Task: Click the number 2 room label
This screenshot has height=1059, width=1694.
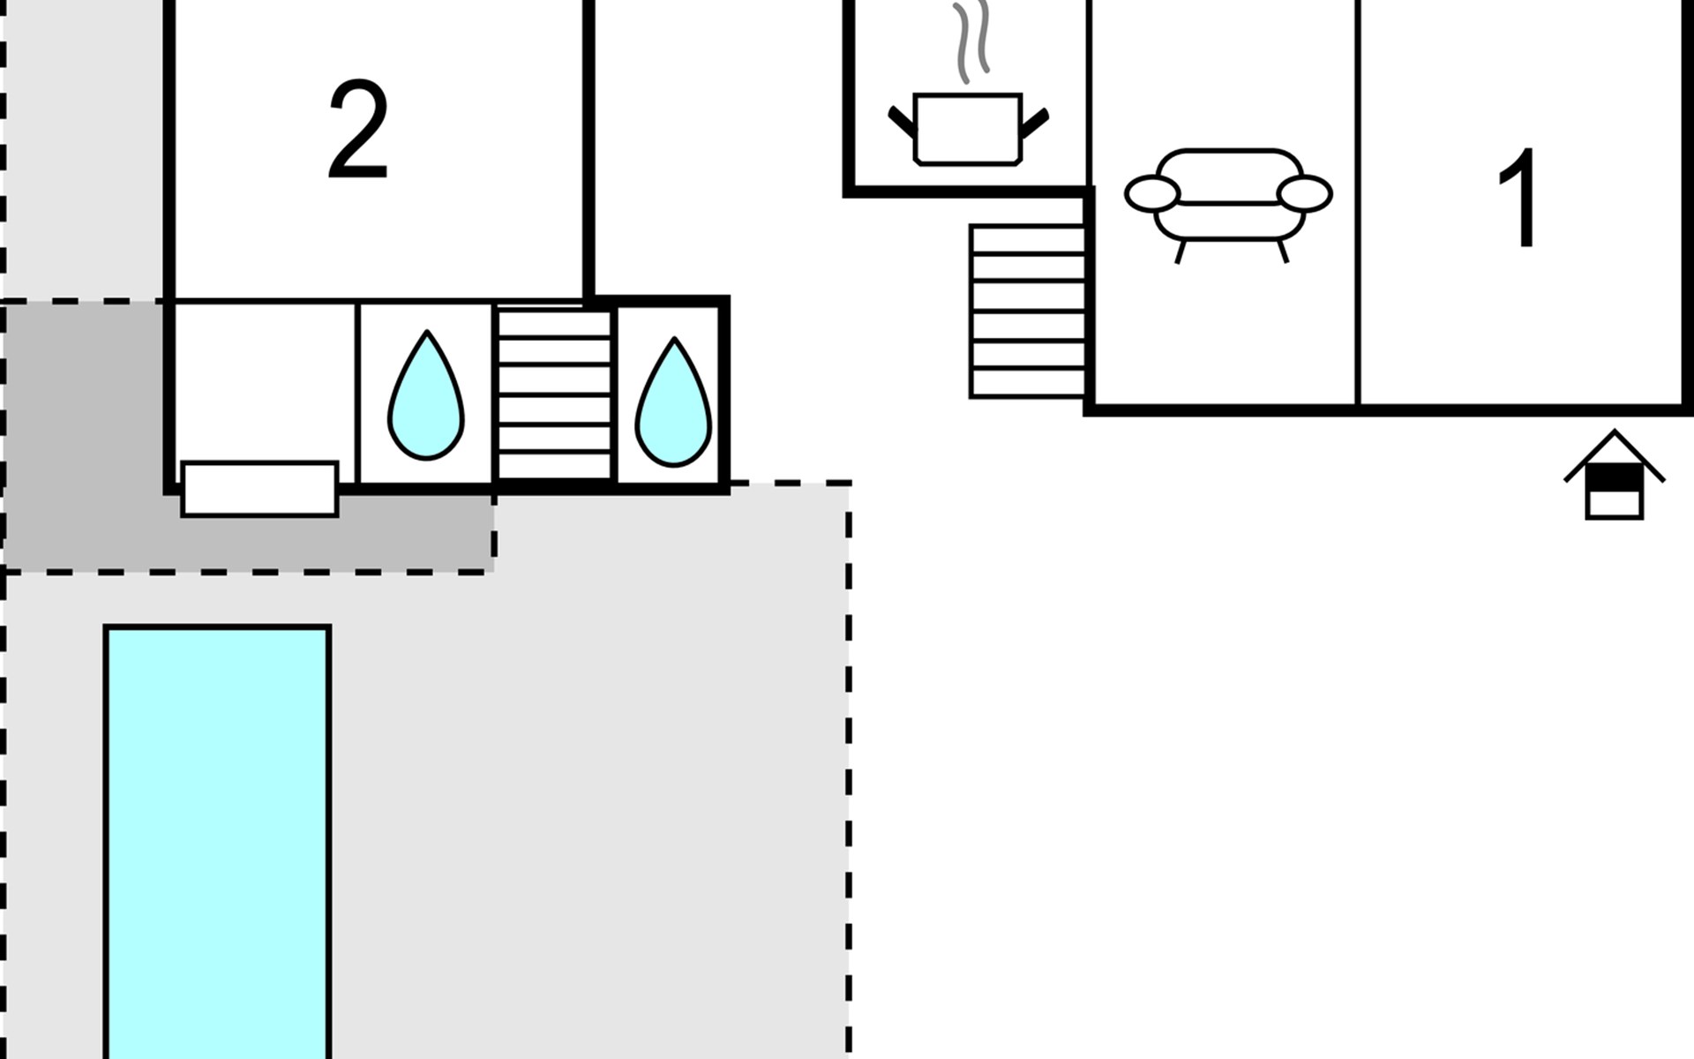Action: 358,131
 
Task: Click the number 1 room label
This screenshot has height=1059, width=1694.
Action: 1519,199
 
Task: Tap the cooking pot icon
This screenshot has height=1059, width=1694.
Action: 968,129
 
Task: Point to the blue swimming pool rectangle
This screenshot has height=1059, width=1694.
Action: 218,842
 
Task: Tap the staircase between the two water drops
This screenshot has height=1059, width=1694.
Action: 555,394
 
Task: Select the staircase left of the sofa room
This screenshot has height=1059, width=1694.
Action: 1028,312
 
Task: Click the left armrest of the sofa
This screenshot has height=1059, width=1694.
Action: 1152,194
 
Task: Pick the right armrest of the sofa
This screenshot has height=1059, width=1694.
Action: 1304,194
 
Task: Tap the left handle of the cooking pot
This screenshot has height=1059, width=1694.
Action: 902,123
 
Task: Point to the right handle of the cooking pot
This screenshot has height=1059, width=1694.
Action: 1034,123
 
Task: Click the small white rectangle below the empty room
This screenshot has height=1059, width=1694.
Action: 259,489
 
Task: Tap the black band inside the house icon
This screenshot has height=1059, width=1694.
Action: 1615,478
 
